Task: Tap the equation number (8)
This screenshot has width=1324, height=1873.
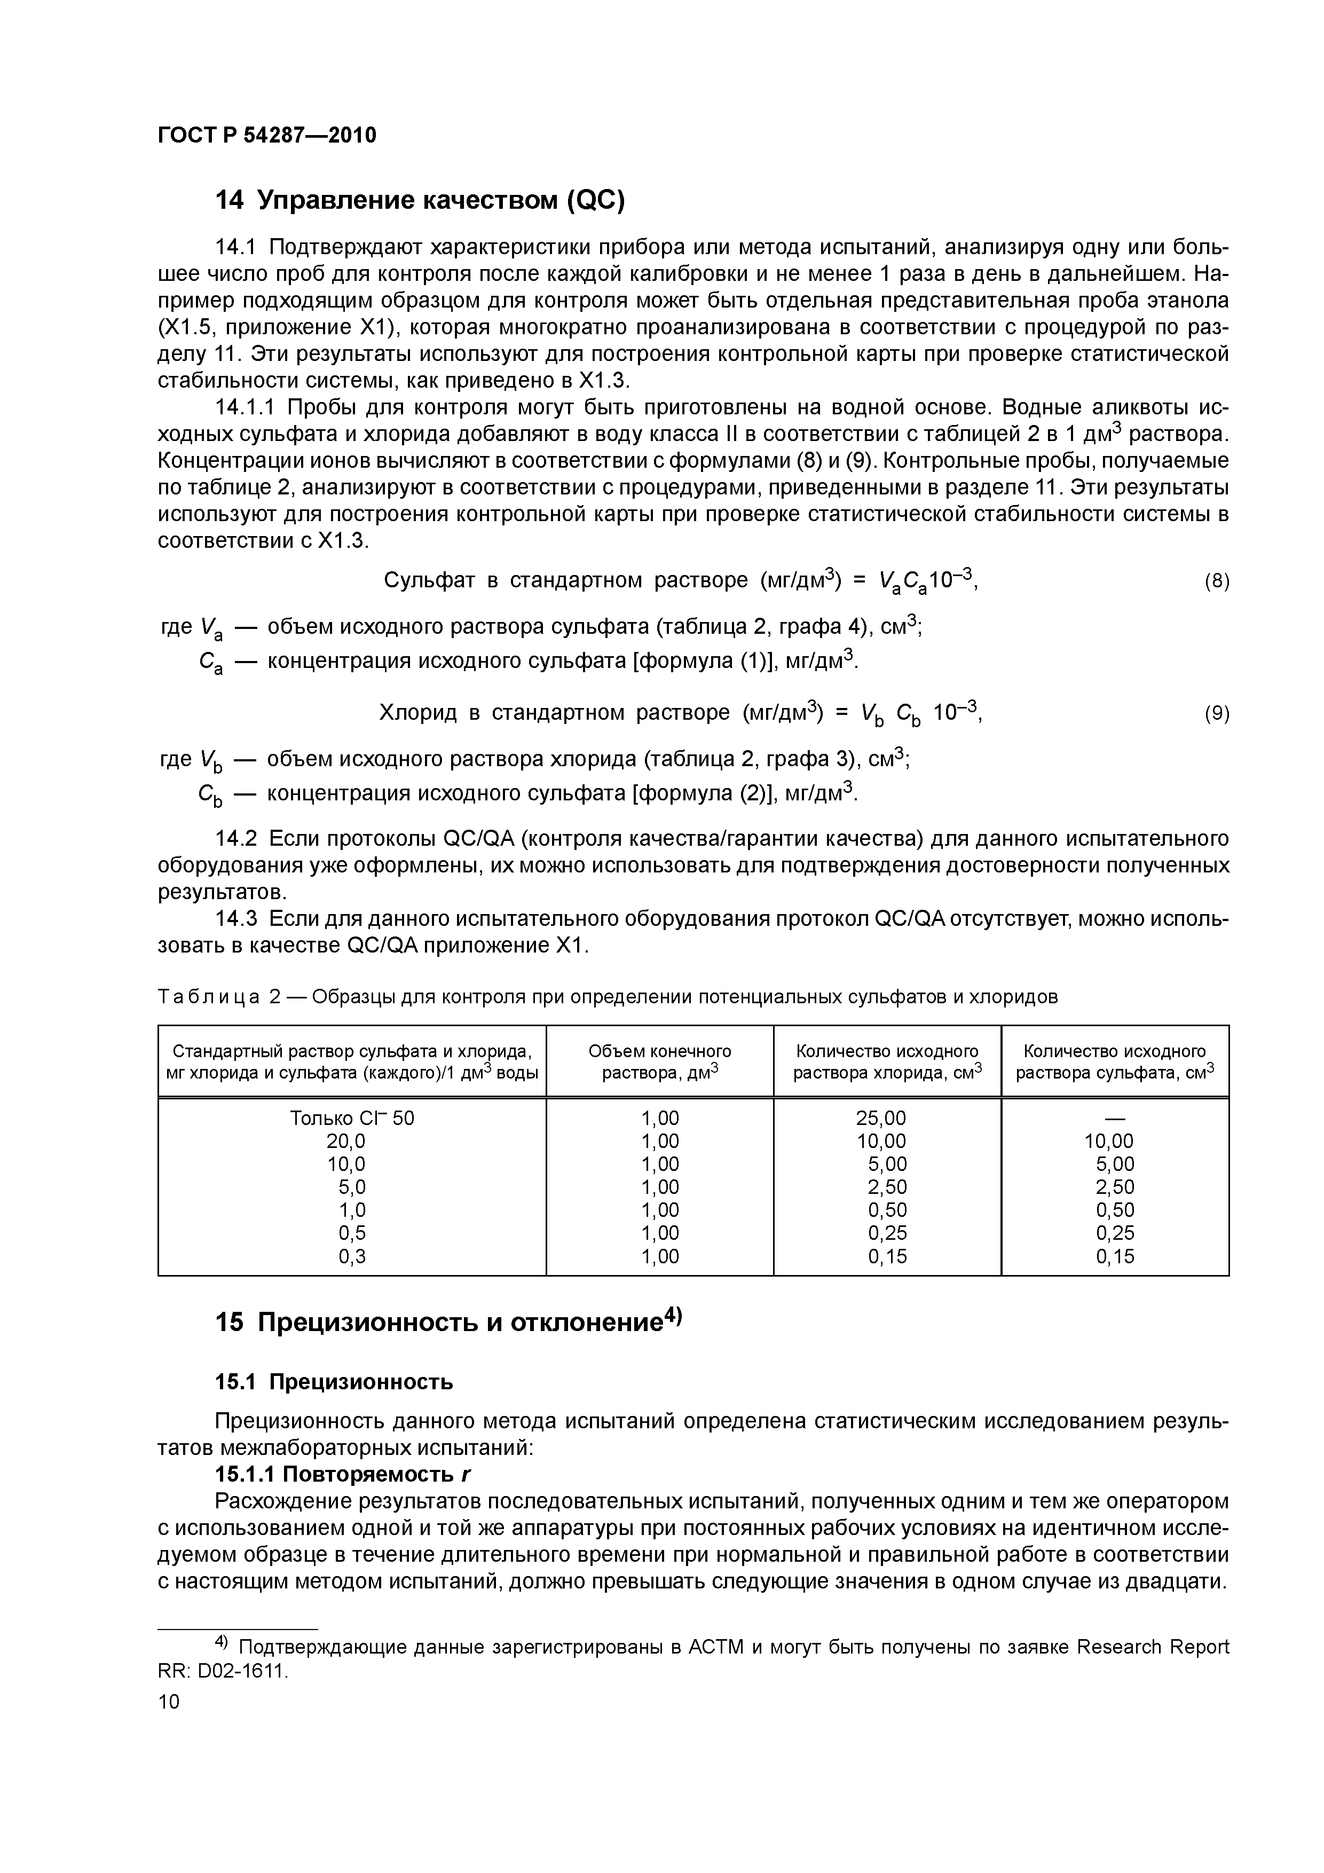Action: coord(1216,581)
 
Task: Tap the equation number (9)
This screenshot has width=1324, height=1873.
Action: coord(1216,714)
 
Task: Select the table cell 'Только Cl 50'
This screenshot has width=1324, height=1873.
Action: coord(352,1119)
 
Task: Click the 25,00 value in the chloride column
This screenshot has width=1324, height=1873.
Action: coord(881,1119)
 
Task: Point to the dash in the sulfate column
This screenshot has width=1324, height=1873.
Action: coord(1114,1119)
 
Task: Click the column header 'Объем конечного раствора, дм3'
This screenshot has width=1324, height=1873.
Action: coord(659,1061)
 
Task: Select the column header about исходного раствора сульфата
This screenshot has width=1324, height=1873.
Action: coord(1114,1061)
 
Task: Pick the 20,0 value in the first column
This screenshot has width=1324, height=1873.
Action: coord(352,1141)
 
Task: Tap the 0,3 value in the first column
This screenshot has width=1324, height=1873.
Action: coord(352,1256)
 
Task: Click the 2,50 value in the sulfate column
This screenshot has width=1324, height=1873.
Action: coord(1114,1187)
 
